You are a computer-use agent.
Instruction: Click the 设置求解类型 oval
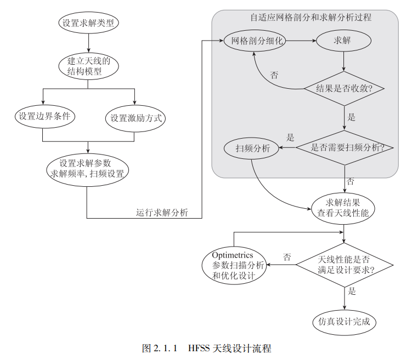pos(88,23)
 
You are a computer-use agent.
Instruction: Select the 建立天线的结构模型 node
pos(88,65)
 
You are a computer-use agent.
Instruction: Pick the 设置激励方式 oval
pos(134,117)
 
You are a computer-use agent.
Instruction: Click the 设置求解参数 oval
pos(88,169)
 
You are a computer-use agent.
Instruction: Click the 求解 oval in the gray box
pos(343,41)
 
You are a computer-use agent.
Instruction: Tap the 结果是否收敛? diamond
pos(344,89)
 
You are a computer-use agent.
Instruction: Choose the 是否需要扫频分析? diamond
pos(344,147)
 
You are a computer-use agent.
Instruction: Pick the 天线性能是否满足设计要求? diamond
pos(344,265)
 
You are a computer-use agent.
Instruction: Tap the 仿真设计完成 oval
pos(344,322)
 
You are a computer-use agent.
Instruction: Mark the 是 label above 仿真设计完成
pos(352,291)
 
